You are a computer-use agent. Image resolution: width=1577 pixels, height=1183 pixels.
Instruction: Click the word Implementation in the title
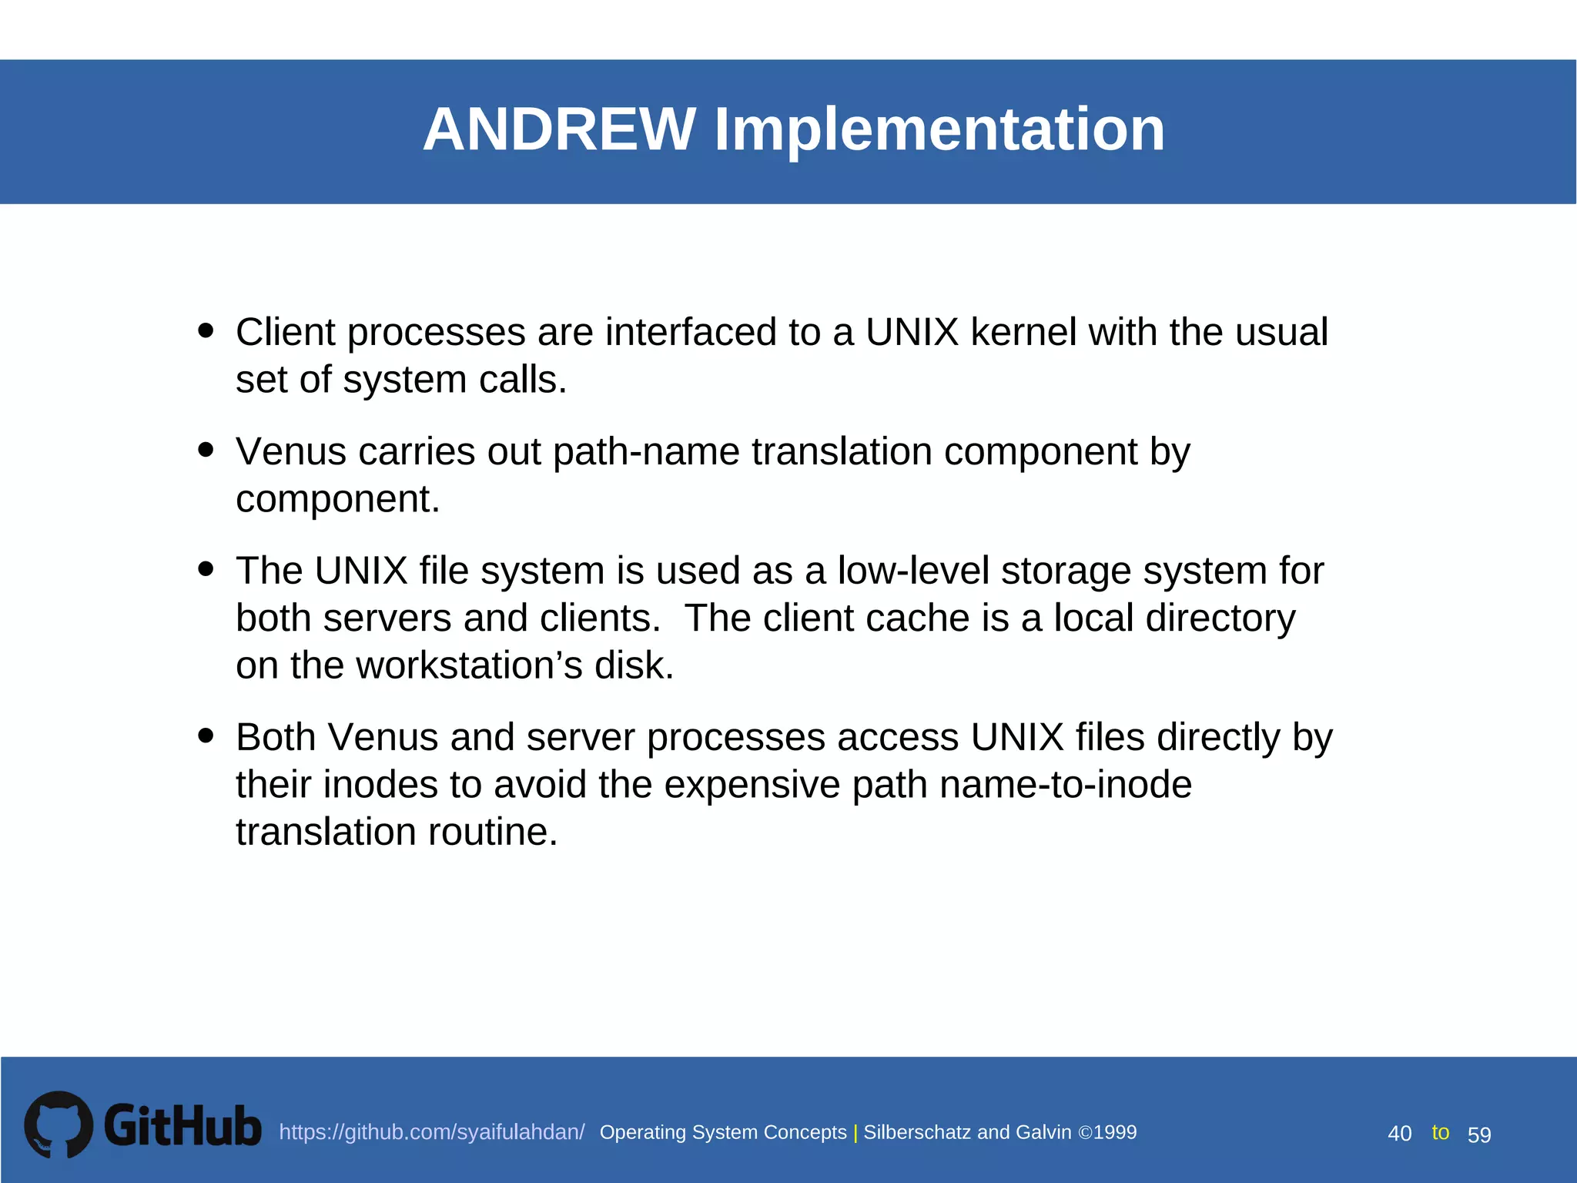939,129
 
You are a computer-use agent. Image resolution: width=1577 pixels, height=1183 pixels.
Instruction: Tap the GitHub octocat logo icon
59,1124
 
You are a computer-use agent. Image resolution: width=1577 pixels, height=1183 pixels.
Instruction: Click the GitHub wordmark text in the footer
182,1126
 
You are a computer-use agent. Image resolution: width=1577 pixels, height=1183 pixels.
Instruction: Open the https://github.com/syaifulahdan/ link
431,1132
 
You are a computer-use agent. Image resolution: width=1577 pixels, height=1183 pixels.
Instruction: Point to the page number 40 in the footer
1399,1134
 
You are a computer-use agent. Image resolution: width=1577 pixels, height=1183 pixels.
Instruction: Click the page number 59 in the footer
1479,1134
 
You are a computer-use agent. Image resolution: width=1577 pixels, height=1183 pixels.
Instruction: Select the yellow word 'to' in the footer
1440,1132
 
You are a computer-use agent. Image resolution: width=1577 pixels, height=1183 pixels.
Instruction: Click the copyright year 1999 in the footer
1115,1132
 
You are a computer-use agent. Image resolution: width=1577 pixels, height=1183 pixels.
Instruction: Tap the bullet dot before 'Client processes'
206,330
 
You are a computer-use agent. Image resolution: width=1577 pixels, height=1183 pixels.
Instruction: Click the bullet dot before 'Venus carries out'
206,449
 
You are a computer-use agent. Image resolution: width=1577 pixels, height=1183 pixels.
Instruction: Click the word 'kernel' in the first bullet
1023,333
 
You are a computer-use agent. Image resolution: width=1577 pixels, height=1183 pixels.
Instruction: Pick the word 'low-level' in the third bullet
912,571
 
